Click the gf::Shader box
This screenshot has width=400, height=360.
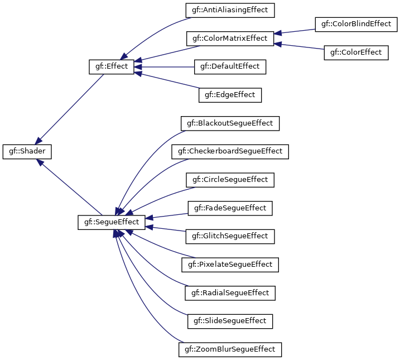coord(27,152)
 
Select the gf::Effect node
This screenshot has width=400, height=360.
coord(112,67)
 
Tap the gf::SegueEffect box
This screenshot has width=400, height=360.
coord(112,223)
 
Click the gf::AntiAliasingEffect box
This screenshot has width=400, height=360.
coord(230,11)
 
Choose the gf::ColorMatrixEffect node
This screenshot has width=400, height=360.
coord(230,39)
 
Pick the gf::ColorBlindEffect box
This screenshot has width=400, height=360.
coord(356,25)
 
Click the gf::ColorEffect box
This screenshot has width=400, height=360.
coord(356,53)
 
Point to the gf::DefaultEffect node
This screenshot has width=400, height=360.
coord(230,67)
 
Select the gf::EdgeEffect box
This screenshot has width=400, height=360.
coord(230,95)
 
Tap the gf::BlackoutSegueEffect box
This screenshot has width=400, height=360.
coord(230,124)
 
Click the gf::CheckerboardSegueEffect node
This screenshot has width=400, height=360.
coord(230,152)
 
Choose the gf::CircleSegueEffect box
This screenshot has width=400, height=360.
coord(230,180)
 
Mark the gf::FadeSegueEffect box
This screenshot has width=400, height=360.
coord(230,208)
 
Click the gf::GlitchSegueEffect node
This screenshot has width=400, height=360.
coord(230,237)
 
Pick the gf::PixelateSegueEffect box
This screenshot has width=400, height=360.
coord(230,265)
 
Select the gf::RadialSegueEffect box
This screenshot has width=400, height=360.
coord(230,293)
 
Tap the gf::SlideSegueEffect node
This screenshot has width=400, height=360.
coord(230,321)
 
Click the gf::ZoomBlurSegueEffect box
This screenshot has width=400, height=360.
coord(230,350)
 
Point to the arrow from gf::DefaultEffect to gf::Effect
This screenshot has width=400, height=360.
coord(164,67)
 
